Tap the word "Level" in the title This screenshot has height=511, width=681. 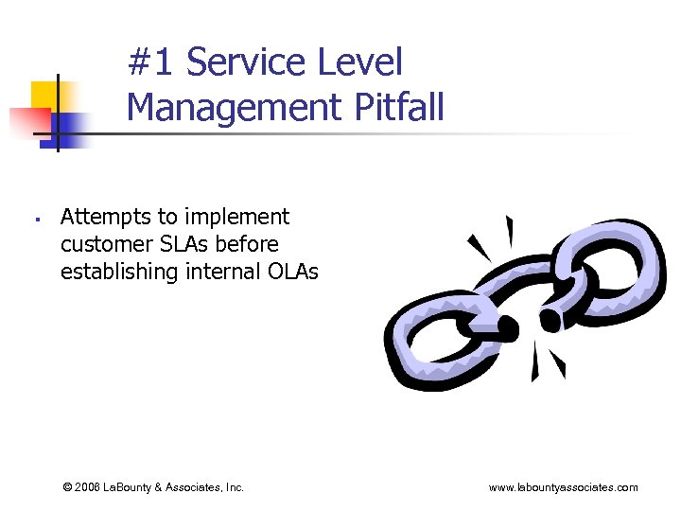[x=362, y=63]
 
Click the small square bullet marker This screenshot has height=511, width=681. [x=33, y=220]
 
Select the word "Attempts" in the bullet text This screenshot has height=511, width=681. [x=101, y=217]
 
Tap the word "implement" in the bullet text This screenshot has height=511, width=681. [x=240, y=217]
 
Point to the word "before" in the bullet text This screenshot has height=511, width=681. [x=247, y=244]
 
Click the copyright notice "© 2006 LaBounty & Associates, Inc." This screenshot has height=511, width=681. [x=153, y=487]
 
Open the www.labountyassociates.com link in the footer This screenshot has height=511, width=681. [x=563, y=487]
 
